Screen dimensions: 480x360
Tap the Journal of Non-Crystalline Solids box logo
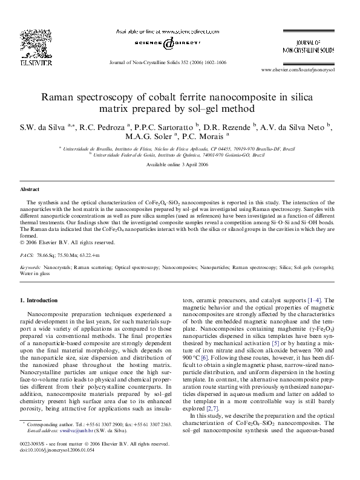click(x=309, y=48)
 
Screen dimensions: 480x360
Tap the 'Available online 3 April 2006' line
click(x=180, y=165)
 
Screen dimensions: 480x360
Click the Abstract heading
click(x=30, y=189)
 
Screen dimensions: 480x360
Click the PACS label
click(x=27, y=256)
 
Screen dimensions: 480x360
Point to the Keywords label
click(x=31, y=267)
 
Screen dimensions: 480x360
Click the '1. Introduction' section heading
click(x=39, y=300)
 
